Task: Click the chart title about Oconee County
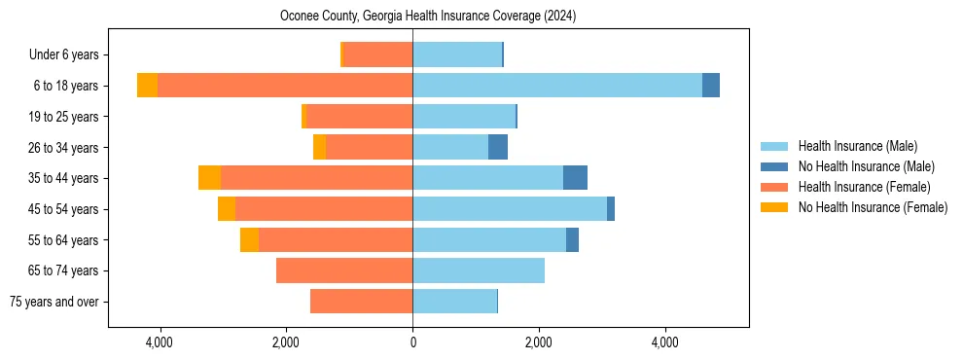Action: point(428,17)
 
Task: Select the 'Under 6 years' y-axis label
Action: point(69,54)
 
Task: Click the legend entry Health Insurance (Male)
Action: point(857,146)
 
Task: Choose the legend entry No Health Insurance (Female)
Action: point(873,207)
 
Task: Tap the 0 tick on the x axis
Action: point(412,342)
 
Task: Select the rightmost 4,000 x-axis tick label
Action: point(665,342)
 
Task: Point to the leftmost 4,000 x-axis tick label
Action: point(159,342)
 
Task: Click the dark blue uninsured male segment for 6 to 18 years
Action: point(711,86)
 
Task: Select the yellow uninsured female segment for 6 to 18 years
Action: point(147,86)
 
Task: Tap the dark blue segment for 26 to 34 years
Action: point(498,147)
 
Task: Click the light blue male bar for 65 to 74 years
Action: point(479,270)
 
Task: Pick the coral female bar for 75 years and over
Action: point(362,302)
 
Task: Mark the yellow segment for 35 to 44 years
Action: point(209,178)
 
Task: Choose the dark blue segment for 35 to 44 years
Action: point(575,178)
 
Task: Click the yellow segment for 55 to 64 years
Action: point(249,239)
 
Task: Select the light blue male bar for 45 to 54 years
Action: point(510,209)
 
